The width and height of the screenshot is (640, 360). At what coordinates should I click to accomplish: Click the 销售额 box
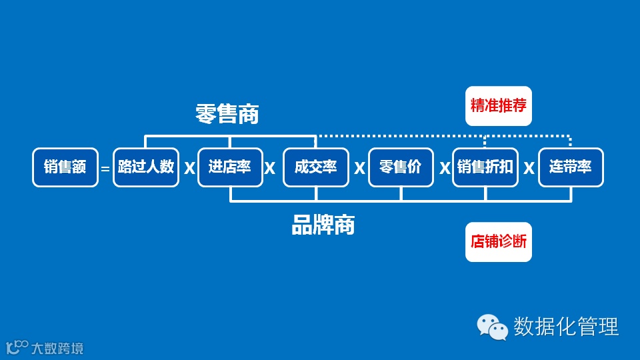tap(65, 167)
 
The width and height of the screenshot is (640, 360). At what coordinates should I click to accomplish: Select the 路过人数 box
tap(146, 167)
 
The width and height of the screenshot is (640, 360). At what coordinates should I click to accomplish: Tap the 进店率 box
tap(230, 167)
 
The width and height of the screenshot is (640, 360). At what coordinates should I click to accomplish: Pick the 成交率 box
tap(316, 167)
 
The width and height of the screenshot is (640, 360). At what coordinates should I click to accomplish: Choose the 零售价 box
tap(401, 167)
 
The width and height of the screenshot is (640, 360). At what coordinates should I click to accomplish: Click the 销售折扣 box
tap(485, 167)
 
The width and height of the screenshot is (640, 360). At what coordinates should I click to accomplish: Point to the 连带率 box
tap(571, 167)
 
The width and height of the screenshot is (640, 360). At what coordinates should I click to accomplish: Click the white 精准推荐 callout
tap(499, 106)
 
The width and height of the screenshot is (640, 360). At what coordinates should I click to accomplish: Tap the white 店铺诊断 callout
tap(499, 241)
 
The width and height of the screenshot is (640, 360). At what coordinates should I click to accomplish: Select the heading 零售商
tap(227, 114)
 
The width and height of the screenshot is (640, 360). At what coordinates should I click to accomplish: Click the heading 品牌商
tap(323, 225)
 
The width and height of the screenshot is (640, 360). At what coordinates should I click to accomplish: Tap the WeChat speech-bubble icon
tap(492, 327)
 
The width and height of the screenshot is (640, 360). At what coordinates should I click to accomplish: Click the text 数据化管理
tap(566, 327)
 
